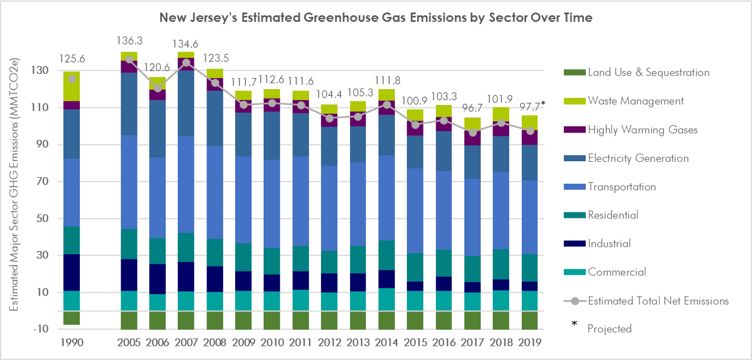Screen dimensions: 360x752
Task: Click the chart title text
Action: [x=376, y=18]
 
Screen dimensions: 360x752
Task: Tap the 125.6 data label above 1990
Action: [x=72, y=59]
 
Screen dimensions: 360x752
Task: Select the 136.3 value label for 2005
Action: [x=129, y=41]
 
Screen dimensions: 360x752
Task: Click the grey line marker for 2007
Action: [x=187, y=63]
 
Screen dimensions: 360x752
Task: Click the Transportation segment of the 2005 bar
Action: [x=129, y=182]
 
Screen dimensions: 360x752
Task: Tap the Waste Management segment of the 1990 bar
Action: [x=72, y=86]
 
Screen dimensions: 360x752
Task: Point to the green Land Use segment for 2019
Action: [x=530, y=320]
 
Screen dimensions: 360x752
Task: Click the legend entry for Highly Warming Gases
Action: [x=642, y=130]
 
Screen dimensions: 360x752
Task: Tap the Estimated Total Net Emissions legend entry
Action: [x=658, y=301]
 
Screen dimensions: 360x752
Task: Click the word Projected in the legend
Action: [x=609, y=329]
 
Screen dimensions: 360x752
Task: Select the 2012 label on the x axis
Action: [x=329, y=342]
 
